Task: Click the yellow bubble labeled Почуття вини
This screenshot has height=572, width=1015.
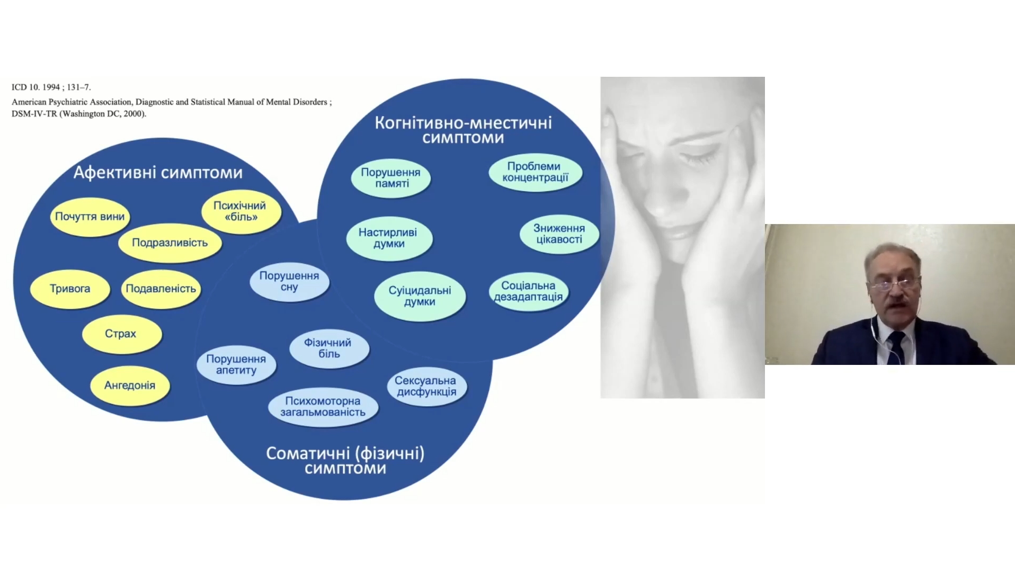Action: (x=90, y=217)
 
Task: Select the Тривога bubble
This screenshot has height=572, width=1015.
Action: (x=70, y=289)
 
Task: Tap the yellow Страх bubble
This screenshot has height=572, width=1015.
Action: (x=121, y=334)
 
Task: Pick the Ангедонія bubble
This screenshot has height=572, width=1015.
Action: (x=130, y=385)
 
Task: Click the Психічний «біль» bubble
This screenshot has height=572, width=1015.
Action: (x=241, y=211)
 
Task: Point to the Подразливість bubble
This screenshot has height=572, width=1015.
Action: (x=170, y=243)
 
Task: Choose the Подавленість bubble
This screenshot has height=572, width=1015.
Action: (x=161, y=289)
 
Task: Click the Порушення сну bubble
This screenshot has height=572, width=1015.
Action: (x=289, y=281)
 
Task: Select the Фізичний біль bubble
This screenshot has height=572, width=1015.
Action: (x=329, y=348)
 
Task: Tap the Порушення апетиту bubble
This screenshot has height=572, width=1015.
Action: (x=236, y=364)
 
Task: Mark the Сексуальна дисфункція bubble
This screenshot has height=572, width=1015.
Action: (x=426, y=386)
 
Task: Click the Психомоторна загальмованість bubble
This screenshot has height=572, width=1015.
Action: (x=323, y=407)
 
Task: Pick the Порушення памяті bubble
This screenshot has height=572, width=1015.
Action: (x=391, y=178)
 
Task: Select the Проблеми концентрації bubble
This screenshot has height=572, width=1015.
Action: (x=535, y=172)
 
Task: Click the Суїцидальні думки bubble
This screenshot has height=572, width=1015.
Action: (x=420, y=296)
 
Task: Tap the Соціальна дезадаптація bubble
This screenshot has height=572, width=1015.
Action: (x=528, y=291)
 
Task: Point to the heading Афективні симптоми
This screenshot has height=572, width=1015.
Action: (x=158, y=173)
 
